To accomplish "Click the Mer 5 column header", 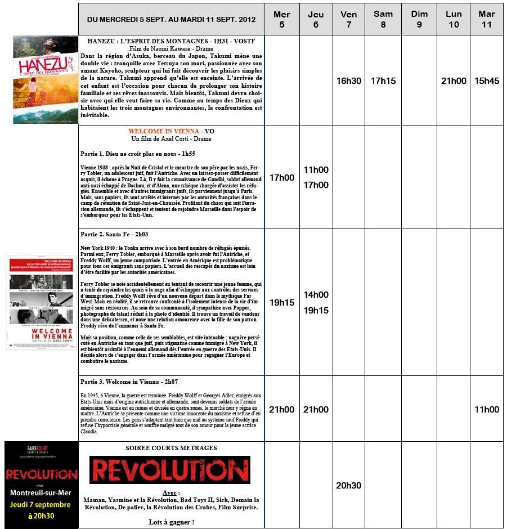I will click(x=281, y=19).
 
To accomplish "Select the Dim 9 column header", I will click(x=419, y=19).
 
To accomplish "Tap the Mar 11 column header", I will click(x=487, y=19).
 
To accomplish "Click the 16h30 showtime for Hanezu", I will click(x=349, y=80).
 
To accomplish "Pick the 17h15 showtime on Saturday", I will click(x=383, y=80).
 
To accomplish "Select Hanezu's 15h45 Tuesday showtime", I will click(x=487, y=80).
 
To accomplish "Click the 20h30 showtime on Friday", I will click(x=349, y=485).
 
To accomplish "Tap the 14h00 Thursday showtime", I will click(x=316, y=294).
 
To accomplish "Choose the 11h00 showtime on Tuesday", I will click(x=487, y=409).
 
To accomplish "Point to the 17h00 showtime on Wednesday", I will click(x=281, y=177).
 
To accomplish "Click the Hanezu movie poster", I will click(x=45, y=79).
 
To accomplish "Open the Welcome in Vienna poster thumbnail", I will click(x=40, y=302).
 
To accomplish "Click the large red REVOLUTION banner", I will click(x=169, y=470).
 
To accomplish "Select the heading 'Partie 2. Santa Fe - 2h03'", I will click(x=114, y=234).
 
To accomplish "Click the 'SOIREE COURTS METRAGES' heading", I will click(x=171, y=448).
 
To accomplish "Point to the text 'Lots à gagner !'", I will click(x=171, y=522).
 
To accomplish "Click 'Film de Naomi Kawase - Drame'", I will click(x=171, y=49).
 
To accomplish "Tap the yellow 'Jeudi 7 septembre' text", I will click(x=41, y=504).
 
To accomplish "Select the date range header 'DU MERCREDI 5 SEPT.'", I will click(x=171, y=19).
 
